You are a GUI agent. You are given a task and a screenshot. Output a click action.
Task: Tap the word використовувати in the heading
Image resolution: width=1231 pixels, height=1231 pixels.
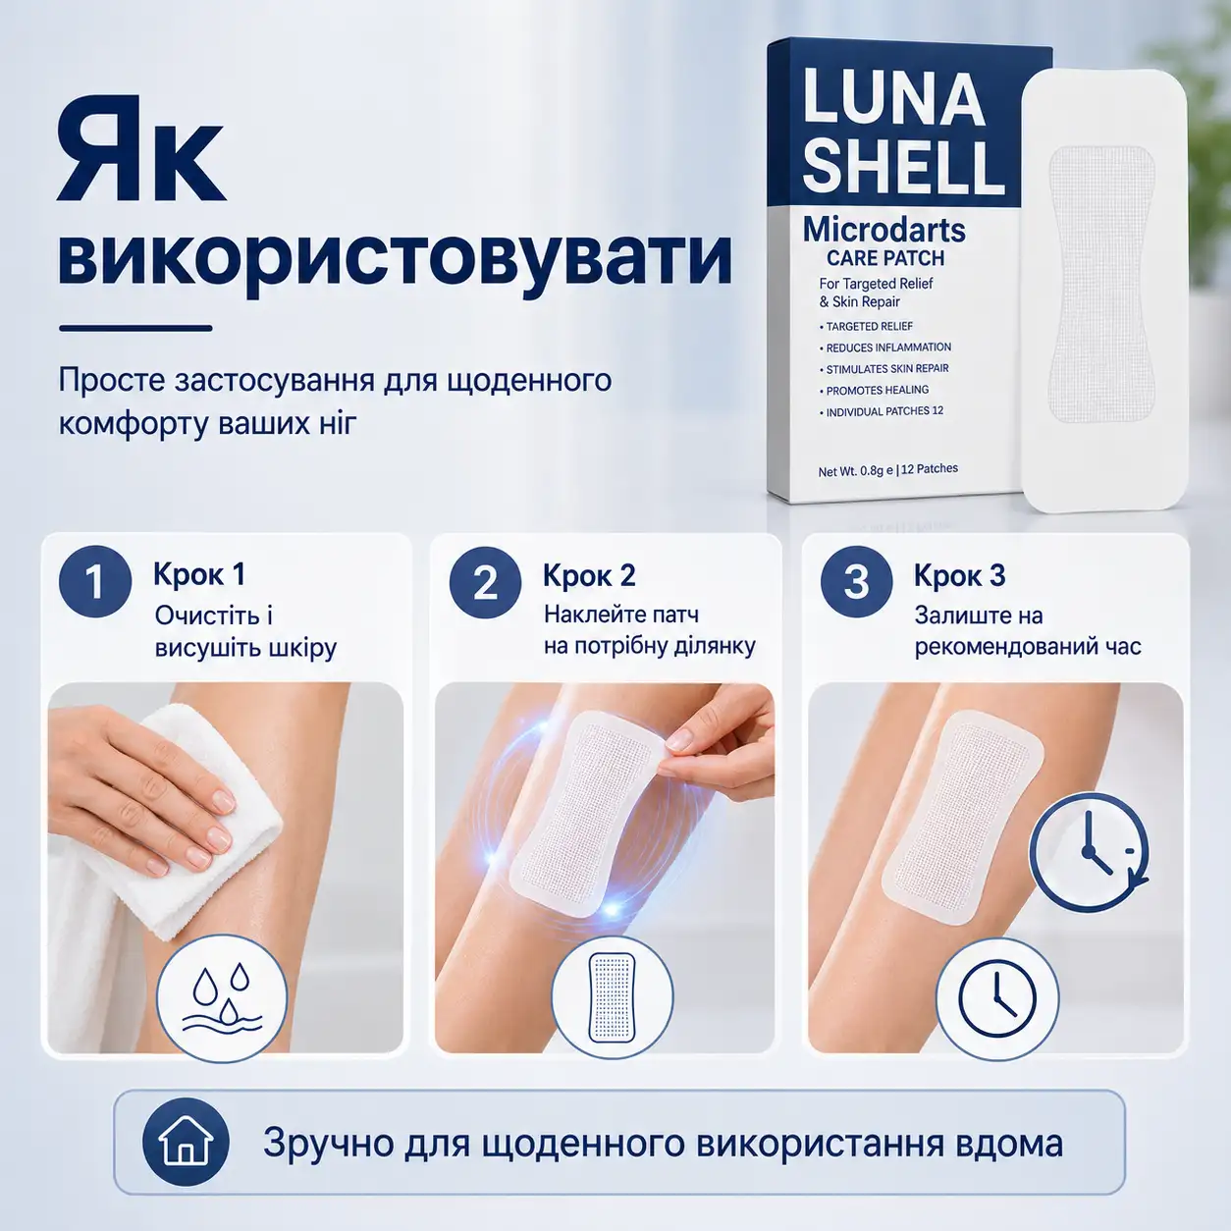pyautogui.click(x=395, y=259)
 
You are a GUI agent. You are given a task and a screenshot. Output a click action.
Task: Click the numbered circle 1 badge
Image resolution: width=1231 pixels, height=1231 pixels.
pyautogui.click(x=95, y=581)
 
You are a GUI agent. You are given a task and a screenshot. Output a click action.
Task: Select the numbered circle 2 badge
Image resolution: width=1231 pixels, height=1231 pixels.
pyautogui.click(x=486, y=582)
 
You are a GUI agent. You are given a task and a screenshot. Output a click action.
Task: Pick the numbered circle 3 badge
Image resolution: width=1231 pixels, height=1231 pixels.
pyautogui.click(x=857, y=582)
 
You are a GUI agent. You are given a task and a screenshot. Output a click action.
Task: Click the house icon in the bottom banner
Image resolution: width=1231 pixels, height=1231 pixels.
pyautogui.click(x=186, y=1142)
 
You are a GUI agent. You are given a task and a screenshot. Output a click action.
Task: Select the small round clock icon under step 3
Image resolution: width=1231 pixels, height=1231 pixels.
pyautogui.click(x=997, y=999)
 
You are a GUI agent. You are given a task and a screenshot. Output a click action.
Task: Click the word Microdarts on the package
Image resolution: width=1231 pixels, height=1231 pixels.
pyautogui.click(x=883, y=230)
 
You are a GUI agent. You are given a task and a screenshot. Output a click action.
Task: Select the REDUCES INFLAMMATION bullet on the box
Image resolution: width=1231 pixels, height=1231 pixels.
pyautogui.click(x=885, y=348)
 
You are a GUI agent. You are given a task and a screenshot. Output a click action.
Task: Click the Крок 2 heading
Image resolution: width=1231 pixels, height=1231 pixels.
pyautogui.click(x=589, y=575)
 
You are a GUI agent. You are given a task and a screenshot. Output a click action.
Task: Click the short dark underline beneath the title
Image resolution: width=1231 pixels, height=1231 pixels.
pyautogui.click(x=135, y=328)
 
